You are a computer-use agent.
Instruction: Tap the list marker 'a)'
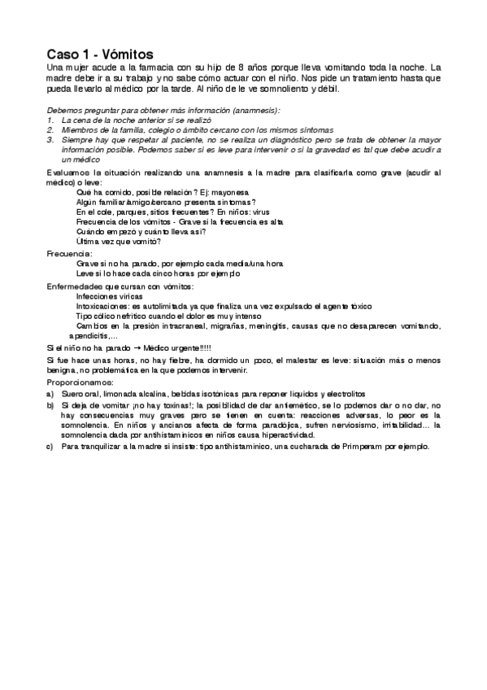pos(50,392)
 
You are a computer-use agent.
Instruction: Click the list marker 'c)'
pos(50,447)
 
